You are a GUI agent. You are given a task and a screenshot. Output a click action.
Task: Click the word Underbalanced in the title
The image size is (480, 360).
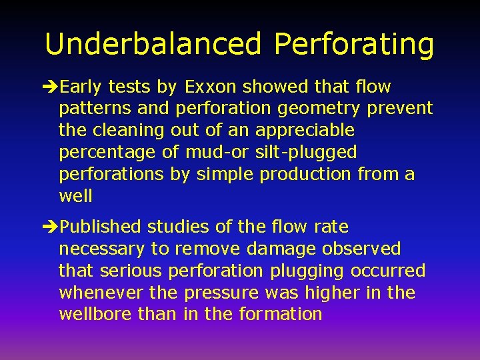tap(154, 44)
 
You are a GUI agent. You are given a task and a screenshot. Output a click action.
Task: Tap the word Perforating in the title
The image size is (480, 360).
tap(354, 44)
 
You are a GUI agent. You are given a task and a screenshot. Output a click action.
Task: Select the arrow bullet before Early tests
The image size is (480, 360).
tap(51, 87)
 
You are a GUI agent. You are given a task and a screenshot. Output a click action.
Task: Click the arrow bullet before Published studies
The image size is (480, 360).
tap(51, 227)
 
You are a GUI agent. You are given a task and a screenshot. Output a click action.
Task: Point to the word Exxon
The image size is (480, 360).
tap(211, 87)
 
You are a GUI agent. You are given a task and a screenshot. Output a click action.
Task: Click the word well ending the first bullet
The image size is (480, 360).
tap(75, 196)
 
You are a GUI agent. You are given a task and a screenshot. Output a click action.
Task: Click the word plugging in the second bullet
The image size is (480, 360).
tap(307, 271)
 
